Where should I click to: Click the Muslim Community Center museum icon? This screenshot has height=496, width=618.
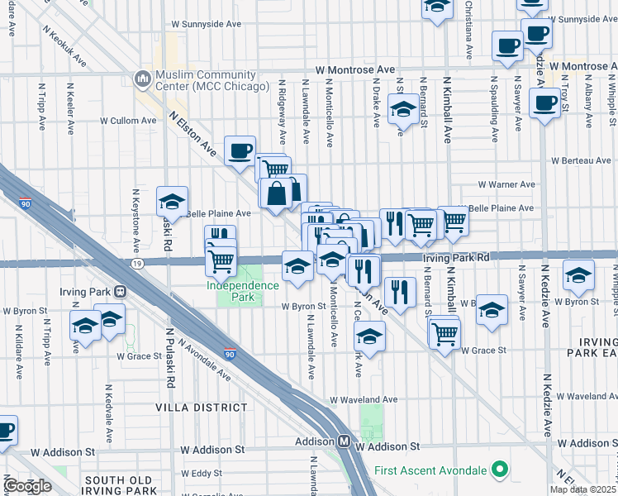(x=140, y=79)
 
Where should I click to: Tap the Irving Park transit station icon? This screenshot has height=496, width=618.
(x=121, y=292)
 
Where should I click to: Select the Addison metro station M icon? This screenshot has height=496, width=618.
(x=343, y=442)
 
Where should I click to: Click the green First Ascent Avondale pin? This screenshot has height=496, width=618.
(x=498, y=470)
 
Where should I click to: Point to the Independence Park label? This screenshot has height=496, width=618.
(x=243, y=290)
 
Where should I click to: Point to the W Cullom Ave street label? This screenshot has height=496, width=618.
(x=128, y=120)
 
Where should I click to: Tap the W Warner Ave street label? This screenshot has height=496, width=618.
(x=507, y=184)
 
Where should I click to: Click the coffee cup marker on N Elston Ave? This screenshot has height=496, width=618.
(x=240, y=150)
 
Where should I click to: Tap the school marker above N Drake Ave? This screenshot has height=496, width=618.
(x=403, y=109)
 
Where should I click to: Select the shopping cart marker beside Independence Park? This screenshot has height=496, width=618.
(x=221, y=260)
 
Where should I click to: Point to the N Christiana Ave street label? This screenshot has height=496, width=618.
(x=468, y=30)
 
